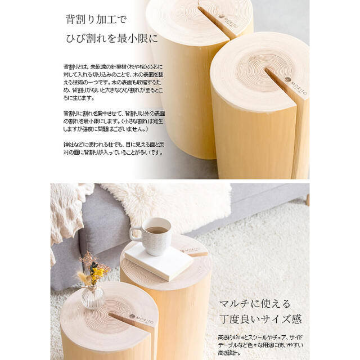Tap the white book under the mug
159,260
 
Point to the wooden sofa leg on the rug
307,200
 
